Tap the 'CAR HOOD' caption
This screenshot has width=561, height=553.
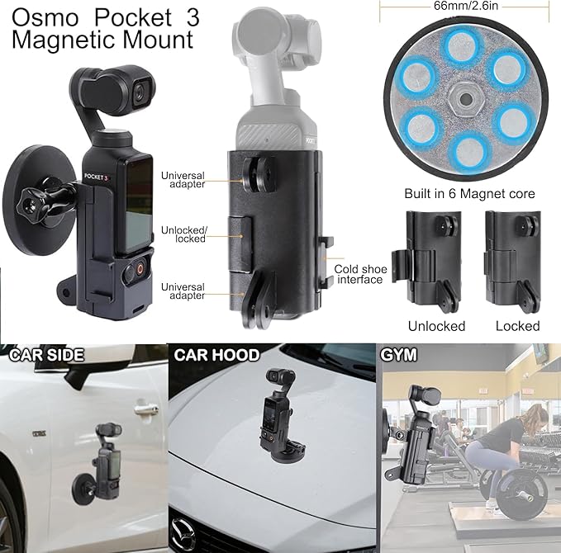point(216,356)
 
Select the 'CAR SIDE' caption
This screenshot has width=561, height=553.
point(47,356)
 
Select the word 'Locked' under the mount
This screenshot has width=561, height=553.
point(517,326)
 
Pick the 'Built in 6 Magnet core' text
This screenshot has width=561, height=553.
point(469,194)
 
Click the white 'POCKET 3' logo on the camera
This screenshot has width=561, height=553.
point(97,176)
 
